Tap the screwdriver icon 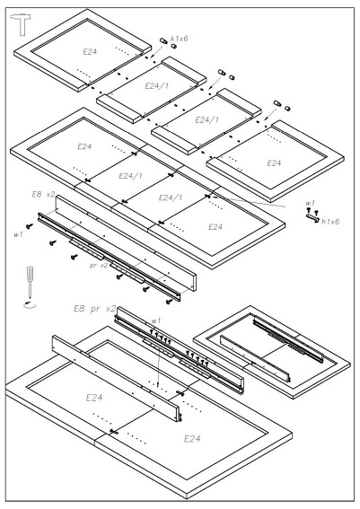pyautogui.click(x=30, y=282)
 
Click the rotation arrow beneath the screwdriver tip pyautogui.click(x=30, y=304)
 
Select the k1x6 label pyautogui.click(x=180, y=39)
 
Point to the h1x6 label pyautogui.click(x=330, y=222)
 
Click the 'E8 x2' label pyautogui.click(x=43, y=195)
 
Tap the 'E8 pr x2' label pyautogui.click(x=95, y=309)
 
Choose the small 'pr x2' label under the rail pyautogui.click(x=99, y=265)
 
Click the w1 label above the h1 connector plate pyautogui.click(x=311, y=203)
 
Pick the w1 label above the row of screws pyautogui.click(x=156, y=320)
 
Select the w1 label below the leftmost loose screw pyautogui.click(x=18, y=234)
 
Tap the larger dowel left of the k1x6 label pyautogui.click(x=163, y=41)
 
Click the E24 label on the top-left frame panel pyautogui.click(x=90, y=51)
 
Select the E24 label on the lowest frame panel pyautogui.click(x=192, y=439)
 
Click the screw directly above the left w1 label pyautogui.click(x=30, y=225)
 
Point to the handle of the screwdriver pyautogui.click(x=30, y=275)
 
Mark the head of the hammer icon pyautogui.click(x=21, y=17)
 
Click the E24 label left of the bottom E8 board pyautogui.click(x=94, y=398)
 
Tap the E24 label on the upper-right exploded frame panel pyautogui.click(x=274, y=163)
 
